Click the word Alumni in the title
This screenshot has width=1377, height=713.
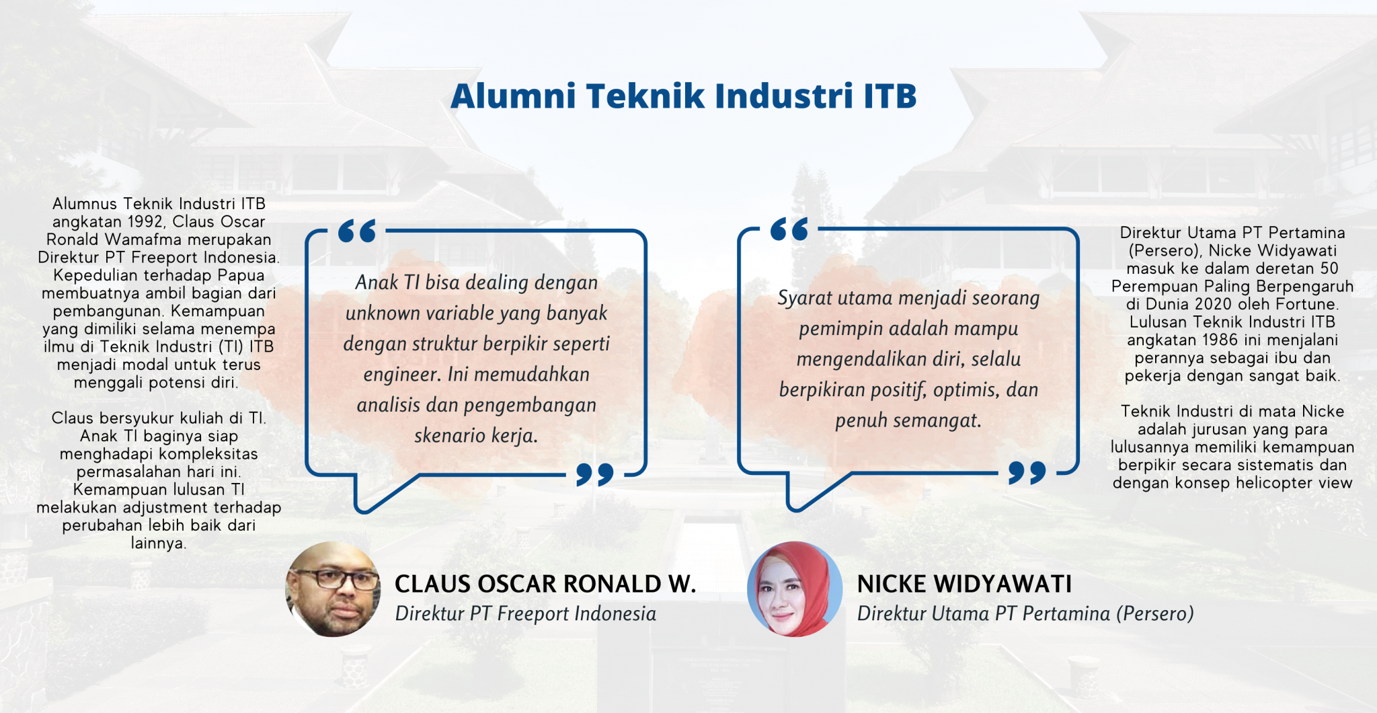(x=513, y=96)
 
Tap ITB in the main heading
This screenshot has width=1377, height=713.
(x=890, y=96)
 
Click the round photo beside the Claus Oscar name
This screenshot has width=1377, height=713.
(x=333, y=589)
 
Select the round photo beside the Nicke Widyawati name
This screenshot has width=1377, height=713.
(x=795, y=589)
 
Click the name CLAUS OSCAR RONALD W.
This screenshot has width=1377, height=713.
(x=545, y=584)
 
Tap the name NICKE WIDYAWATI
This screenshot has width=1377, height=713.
(x=964, y=584)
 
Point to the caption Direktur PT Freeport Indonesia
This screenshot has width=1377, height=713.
(x=525, y=613)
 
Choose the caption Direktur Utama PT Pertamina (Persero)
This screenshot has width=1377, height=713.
(x=1025, y=613)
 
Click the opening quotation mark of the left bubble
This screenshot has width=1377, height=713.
(x=357, y=231)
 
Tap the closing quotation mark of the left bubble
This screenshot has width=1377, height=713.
(x=594, y=474)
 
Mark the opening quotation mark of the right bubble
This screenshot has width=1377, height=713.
(x=789, y=229)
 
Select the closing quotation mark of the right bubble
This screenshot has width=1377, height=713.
(x=1027, y=472)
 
